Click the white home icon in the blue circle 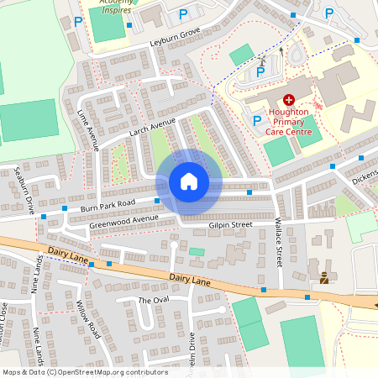(x=188, y=181)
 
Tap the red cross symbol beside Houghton (x=289, y=99)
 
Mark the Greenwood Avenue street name (x=123, y=221)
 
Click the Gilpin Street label (x=230, y=225)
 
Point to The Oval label (x=154, y=300)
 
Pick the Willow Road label (x=88, y=320)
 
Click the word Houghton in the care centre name (x=290, y=111)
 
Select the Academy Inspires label (x=115, y=3)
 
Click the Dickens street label (x=365, y=178)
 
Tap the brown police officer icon (x=324, y=276)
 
